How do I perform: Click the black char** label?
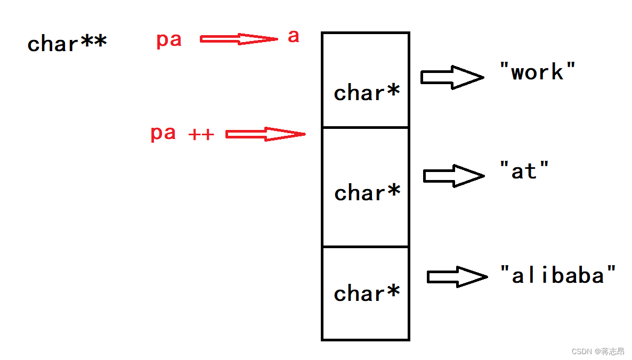click(67, 44)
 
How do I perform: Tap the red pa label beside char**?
click(169, 40)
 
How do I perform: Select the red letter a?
click(294, 37)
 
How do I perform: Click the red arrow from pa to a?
click(239, 39)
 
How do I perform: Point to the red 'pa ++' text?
click(182, 133)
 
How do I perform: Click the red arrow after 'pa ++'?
click(265, 134)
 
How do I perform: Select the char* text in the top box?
click(367, 93)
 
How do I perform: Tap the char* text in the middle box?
click(367, 193)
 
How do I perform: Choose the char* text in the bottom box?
click(367, 293)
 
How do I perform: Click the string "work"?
click(538, 72)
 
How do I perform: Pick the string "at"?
click(524, 171)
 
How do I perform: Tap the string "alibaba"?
click(558, 275)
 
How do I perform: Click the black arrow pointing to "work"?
click(452, 77)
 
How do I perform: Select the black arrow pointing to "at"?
click(453, 175)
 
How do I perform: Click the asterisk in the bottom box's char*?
click(393, 291)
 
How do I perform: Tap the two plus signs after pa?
click(201, 135)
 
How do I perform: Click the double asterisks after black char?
click(93, 42)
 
